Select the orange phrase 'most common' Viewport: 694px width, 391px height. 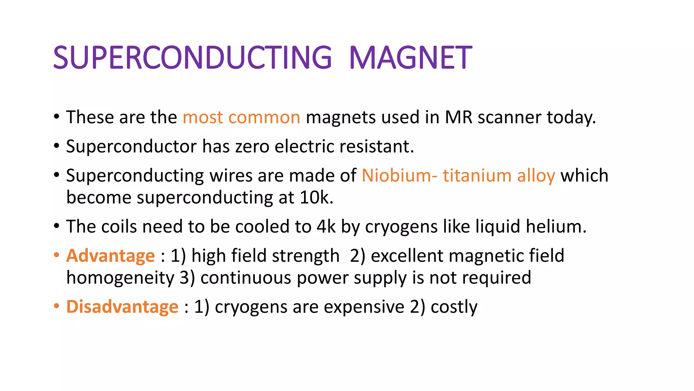pyautogui.click(x=241, y=117)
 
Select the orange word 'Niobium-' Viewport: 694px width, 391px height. pyautogui.click(x=399, y=176)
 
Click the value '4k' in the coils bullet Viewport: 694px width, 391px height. pyautogui.click(x=326, y=226)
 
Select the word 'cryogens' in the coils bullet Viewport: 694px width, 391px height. pyautogui.click(x=401, y=227)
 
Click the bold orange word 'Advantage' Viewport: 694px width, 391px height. pyautogui.click(x=110, y=256)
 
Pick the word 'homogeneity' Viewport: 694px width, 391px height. pyautogui.click(x=120, y=278)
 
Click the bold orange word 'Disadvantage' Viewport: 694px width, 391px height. pyautogui.click(x=122, y=307)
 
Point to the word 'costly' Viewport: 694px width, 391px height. pyautogui.click(x=454, y=308)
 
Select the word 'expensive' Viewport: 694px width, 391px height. pyautogui.click(x=364, y=308)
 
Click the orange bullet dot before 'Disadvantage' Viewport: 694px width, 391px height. pyautogui.click(x=57, y=306)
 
